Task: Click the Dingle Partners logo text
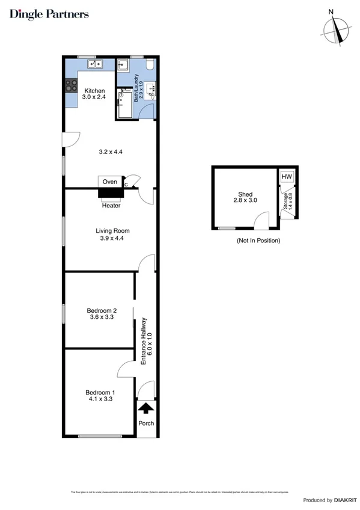coord(49,14)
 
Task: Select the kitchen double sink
coord(96,64)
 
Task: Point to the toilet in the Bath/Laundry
coord(150,65)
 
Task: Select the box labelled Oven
coord(109,182)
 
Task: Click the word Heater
coord(111,206)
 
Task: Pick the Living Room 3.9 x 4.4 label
coord(112,234)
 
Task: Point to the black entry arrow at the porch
coord(145,409)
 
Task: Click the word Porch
coord(146,423)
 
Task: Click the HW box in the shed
coord(287,177)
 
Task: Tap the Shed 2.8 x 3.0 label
coord(245,197)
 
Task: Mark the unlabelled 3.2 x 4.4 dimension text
coord(111,152)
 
